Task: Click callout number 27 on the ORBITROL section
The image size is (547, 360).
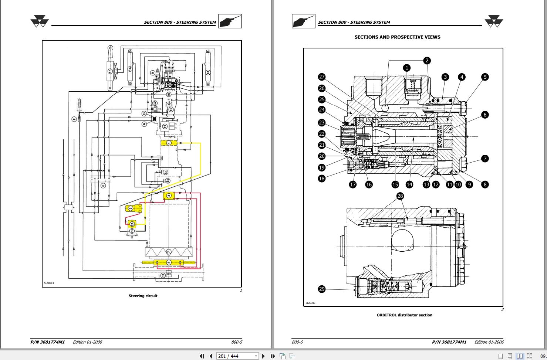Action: (322, 77)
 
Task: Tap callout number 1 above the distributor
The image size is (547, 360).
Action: (407, 68)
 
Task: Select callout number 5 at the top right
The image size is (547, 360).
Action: (485, 77)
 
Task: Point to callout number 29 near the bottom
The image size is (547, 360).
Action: (322, 289)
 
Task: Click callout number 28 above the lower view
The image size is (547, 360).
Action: (400, 196)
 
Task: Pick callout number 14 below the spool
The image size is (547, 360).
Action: (409, 184)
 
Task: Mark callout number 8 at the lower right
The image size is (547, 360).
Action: (485, 184)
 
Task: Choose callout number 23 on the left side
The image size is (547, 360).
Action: (322, 123)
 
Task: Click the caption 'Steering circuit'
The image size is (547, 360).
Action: (143, 296)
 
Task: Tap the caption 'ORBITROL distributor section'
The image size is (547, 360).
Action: (404, 315)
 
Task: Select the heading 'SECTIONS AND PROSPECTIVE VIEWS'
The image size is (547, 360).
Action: (397, 37)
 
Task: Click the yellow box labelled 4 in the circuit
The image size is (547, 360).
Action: (169, 196)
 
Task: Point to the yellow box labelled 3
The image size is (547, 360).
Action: (131, 208)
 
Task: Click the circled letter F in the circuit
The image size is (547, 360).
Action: (74, 119)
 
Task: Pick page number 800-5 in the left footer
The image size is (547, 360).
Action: (236, 342)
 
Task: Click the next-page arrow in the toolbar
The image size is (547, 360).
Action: (263, 356)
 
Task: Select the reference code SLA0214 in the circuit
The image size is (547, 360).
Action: (49, 283)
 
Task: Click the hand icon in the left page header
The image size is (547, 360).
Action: (230, 21)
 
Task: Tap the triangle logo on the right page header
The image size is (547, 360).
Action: (494, 21)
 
